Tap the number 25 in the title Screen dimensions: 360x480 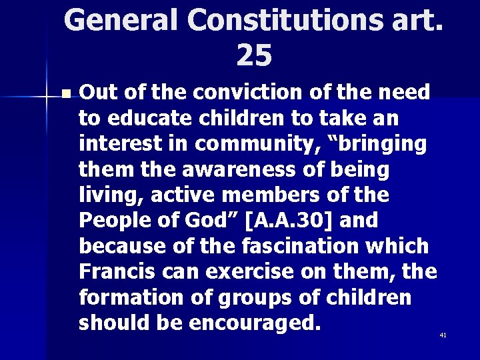(254, 57)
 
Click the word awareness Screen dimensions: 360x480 (231, 170)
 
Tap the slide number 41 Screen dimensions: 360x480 (443, 335)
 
